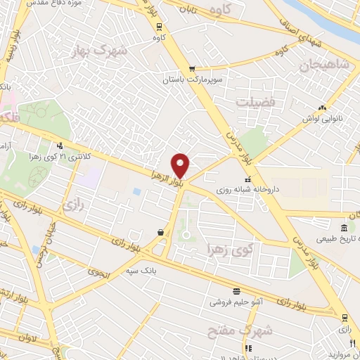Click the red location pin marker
[181, 165]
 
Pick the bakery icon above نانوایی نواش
[322, 108]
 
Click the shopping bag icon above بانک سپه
[161, 231]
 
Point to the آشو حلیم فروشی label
[236, 301]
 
